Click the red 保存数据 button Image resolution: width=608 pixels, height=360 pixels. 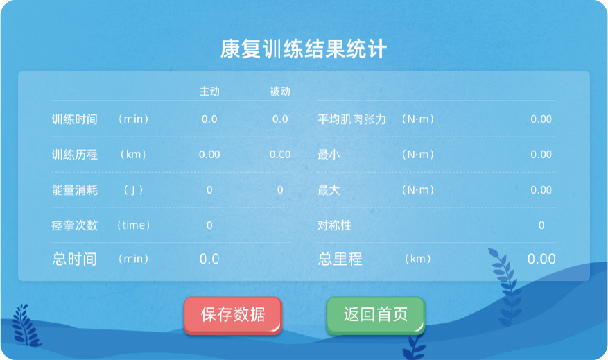coord(233,315)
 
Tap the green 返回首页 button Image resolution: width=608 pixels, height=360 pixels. coord(375,315)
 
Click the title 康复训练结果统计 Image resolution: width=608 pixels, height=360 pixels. coord(304,49)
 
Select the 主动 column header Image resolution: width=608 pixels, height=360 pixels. coord(209,92)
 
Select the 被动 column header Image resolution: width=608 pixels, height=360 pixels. coord(280,92)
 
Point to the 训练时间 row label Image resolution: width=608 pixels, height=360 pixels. coord(74,119)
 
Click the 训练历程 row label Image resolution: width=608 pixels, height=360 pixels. coord(74,155)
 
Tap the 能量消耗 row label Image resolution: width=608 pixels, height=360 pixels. coord(74,189)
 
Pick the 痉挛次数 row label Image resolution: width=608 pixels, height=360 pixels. coord(74,225)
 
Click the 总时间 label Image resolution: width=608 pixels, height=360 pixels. coord(74,259)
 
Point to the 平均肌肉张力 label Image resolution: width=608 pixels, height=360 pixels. coord(351,119)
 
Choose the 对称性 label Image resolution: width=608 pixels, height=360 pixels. coord(334,225)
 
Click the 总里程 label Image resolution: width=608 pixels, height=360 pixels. coord(340,259)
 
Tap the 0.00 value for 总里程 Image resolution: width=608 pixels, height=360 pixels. coord(541,259)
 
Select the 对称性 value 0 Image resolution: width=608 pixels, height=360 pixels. coord(541,225)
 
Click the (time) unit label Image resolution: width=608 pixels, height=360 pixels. coord(133,225)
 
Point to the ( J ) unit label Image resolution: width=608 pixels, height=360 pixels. coord(133,189)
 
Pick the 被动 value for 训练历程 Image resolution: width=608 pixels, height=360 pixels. coord(280,155)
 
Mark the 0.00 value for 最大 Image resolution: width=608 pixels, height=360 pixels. coord(541,189)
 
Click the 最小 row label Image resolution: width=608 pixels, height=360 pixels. coord(329,155)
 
